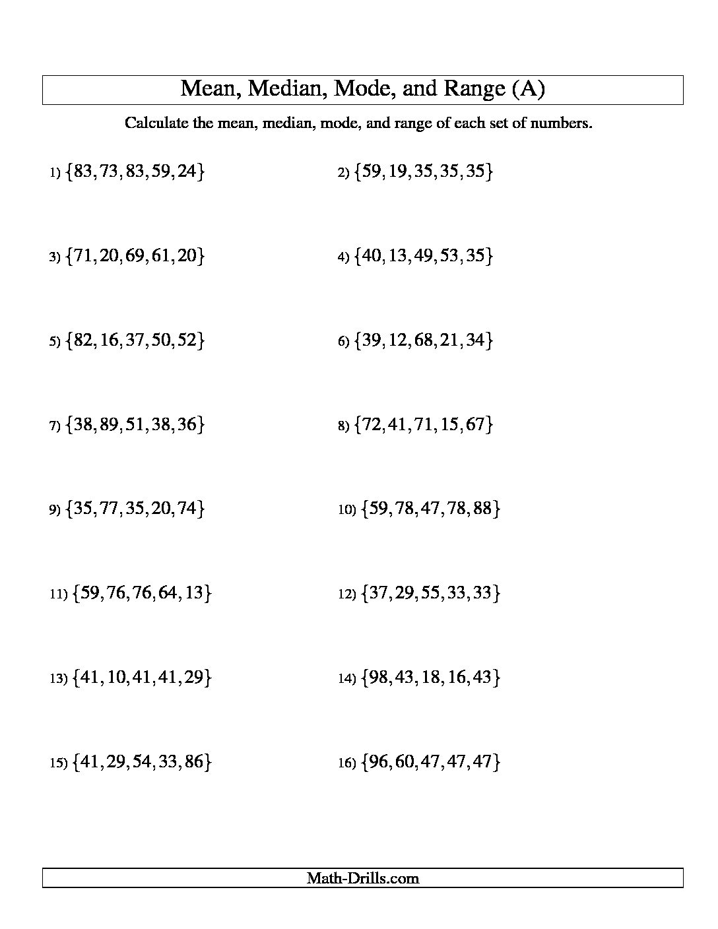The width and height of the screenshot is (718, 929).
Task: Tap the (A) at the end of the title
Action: [x=528, y=89]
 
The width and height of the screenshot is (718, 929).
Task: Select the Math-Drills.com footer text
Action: [x=362, y=878]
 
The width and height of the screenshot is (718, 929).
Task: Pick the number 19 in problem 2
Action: [x=394, y=172]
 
